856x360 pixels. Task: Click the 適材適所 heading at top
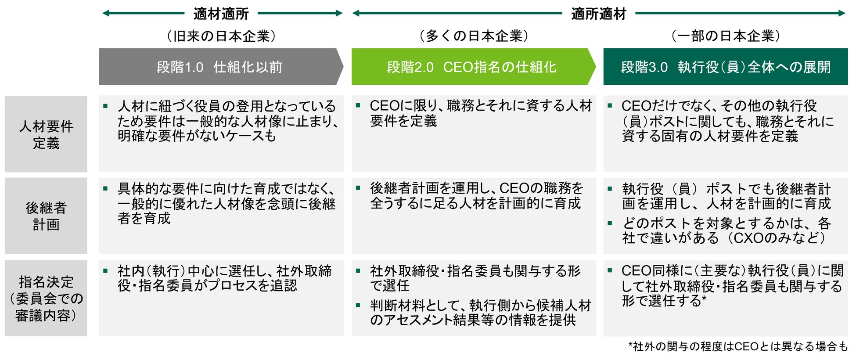click(221, 14)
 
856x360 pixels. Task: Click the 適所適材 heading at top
click(598, 14)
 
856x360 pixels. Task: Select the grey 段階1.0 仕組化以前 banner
click(219, 67)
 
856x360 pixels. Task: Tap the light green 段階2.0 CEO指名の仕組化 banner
click(472, 67)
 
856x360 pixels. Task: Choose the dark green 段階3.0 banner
click(725, 67)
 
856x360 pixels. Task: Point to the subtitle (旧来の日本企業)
click(221, 36)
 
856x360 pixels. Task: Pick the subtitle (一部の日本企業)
click(725, 36)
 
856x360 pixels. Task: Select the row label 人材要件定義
click(46, 134)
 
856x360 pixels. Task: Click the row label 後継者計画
click(46, 216)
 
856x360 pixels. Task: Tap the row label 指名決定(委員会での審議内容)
click(46, 299)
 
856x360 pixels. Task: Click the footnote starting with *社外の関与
click(737, 346)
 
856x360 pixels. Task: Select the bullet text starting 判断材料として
click(481, 313)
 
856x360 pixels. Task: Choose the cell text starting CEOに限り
click(481, 113)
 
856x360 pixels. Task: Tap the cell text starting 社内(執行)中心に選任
click(224, 278)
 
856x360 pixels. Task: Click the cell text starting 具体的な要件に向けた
click(227, 203)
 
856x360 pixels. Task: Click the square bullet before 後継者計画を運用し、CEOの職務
click(358, 188)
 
